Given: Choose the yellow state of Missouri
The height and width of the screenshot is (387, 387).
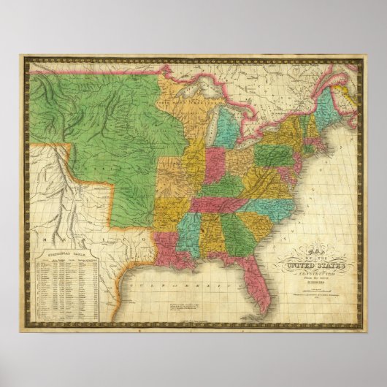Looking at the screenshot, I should point(179,183).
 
